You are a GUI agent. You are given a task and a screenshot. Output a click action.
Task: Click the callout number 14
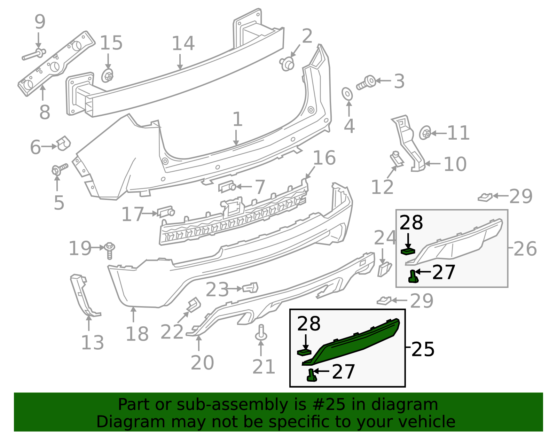183,44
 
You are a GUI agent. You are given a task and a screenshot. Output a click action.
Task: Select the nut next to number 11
425,133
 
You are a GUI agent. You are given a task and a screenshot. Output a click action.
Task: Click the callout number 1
237,119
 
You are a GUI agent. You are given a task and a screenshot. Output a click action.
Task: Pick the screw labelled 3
366,83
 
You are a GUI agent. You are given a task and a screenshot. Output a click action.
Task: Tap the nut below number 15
107,76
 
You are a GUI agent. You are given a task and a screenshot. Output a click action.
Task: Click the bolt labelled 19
109,250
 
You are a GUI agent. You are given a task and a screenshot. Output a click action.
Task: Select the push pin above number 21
261,333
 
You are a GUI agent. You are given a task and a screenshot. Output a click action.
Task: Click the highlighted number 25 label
423,349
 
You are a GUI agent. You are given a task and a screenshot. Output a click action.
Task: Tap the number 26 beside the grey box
525,249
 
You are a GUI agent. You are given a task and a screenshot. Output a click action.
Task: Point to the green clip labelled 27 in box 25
311,375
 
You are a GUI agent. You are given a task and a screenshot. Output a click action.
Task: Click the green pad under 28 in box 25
304,352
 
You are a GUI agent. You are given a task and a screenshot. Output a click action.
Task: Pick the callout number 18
137,334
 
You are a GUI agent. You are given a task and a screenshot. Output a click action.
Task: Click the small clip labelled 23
251,288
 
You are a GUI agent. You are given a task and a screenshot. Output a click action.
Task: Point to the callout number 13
92,343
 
